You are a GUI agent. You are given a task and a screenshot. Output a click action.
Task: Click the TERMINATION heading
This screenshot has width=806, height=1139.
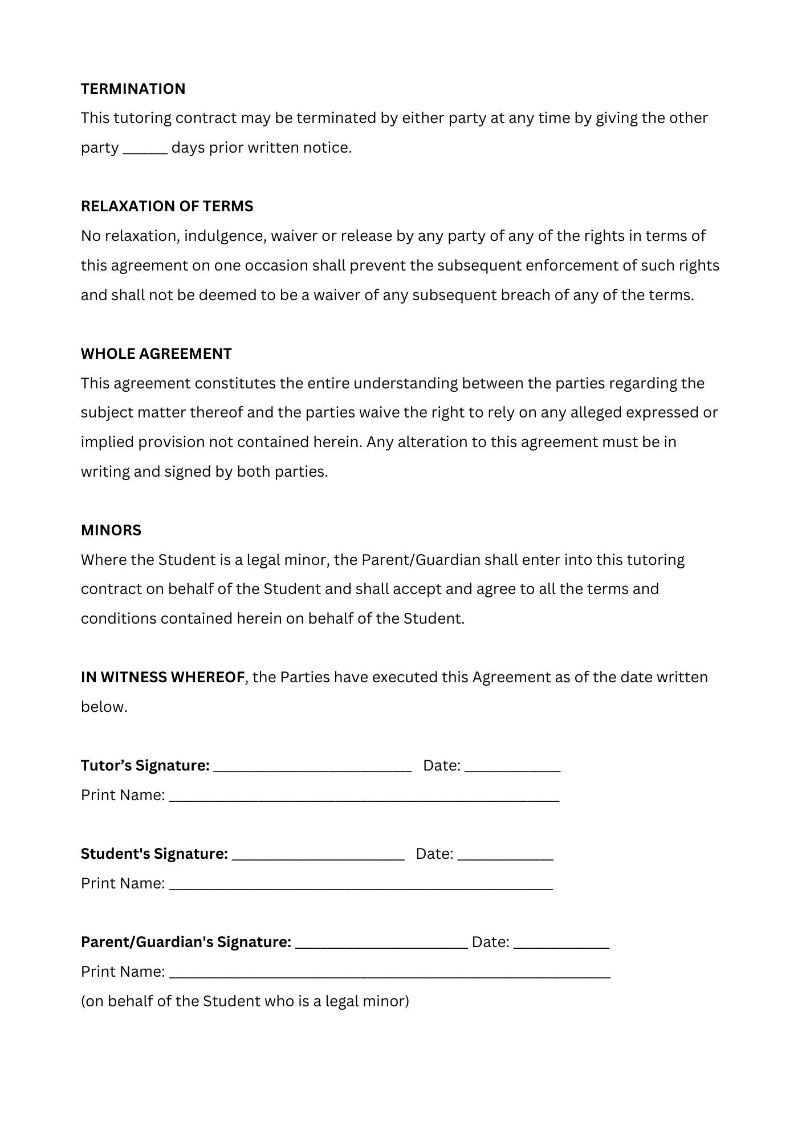pos(133,89)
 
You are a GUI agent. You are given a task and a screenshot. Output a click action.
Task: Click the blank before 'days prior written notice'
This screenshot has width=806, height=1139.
pos(145,149)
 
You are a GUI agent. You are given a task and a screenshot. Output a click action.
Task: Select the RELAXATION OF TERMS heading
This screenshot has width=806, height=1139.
pos(167,206)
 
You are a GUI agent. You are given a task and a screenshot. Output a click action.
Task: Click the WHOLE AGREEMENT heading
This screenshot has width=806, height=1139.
pos(156,354)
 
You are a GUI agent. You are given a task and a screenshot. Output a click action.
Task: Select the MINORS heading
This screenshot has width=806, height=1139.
pos(111,530)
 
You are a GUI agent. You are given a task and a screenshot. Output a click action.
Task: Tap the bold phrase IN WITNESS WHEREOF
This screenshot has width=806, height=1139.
pos(162,677)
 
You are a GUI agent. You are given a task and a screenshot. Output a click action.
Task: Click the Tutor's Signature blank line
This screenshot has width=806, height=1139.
pos(312,768)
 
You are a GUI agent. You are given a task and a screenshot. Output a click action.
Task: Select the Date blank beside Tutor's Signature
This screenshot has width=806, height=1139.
pos(512,768)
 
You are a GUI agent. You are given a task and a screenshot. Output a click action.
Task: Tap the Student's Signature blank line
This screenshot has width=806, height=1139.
pos(318,856)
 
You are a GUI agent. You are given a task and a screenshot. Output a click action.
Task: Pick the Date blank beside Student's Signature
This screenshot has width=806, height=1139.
pos(505,856)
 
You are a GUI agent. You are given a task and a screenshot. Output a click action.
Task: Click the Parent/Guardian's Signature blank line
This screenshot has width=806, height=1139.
pos(381,944)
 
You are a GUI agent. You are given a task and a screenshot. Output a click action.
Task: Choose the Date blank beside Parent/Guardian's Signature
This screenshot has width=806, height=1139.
pos(561,944)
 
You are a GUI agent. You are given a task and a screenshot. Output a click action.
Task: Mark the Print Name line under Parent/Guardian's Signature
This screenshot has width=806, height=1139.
pos(389,974)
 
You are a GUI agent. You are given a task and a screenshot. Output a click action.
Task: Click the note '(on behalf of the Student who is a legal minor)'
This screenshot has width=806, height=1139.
pos(245,1001)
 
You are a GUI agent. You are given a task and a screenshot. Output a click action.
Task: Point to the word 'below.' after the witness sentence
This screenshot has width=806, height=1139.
pos(104,707)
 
